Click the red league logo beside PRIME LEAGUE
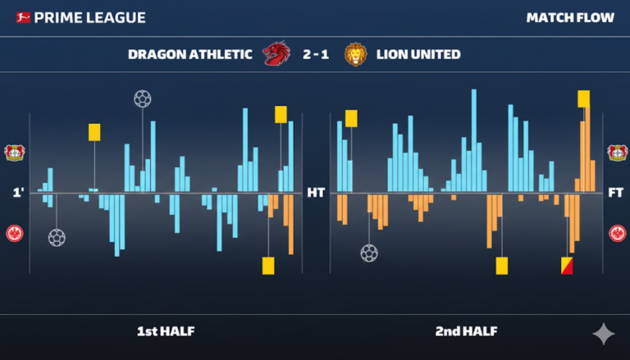pyautogui.click(x=22, y=17)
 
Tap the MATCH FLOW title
pyautogui.click(x=570, y=17)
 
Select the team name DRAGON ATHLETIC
pyautogui.click(x=189, y=55)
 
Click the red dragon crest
pyautogui.click(x=275, y=55)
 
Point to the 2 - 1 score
pyautogui.click(x=315, y=55)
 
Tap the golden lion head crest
pyautogui.click(x=355, y=55)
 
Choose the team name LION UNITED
pyautogui.click(x=418, y=55)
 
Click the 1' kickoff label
pyautogui.click(x=18, y=194)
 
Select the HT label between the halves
pyautogui.click(x=316, y=194)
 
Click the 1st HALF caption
pyautogui.click(x=166, y=331)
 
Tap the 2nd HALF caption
pyautogui.click(x=466, y=331)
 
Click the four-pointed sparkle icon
pyautogui.click(x=604, y=333)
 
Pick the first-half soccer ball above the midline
pyautogui.click(x=143, y=99)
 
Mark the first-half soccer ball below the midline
pyautogui.click(x=57, y=238)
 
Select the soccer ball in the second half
pyautogui.click(x=369, y=253)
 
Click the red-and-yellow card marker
pyautogui.click(x=567, y=266)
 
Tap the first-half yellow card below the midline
pyautogui.click(x=268, y=266)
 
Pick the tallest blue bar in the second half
pyautogui.click(x=474, y=139)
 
